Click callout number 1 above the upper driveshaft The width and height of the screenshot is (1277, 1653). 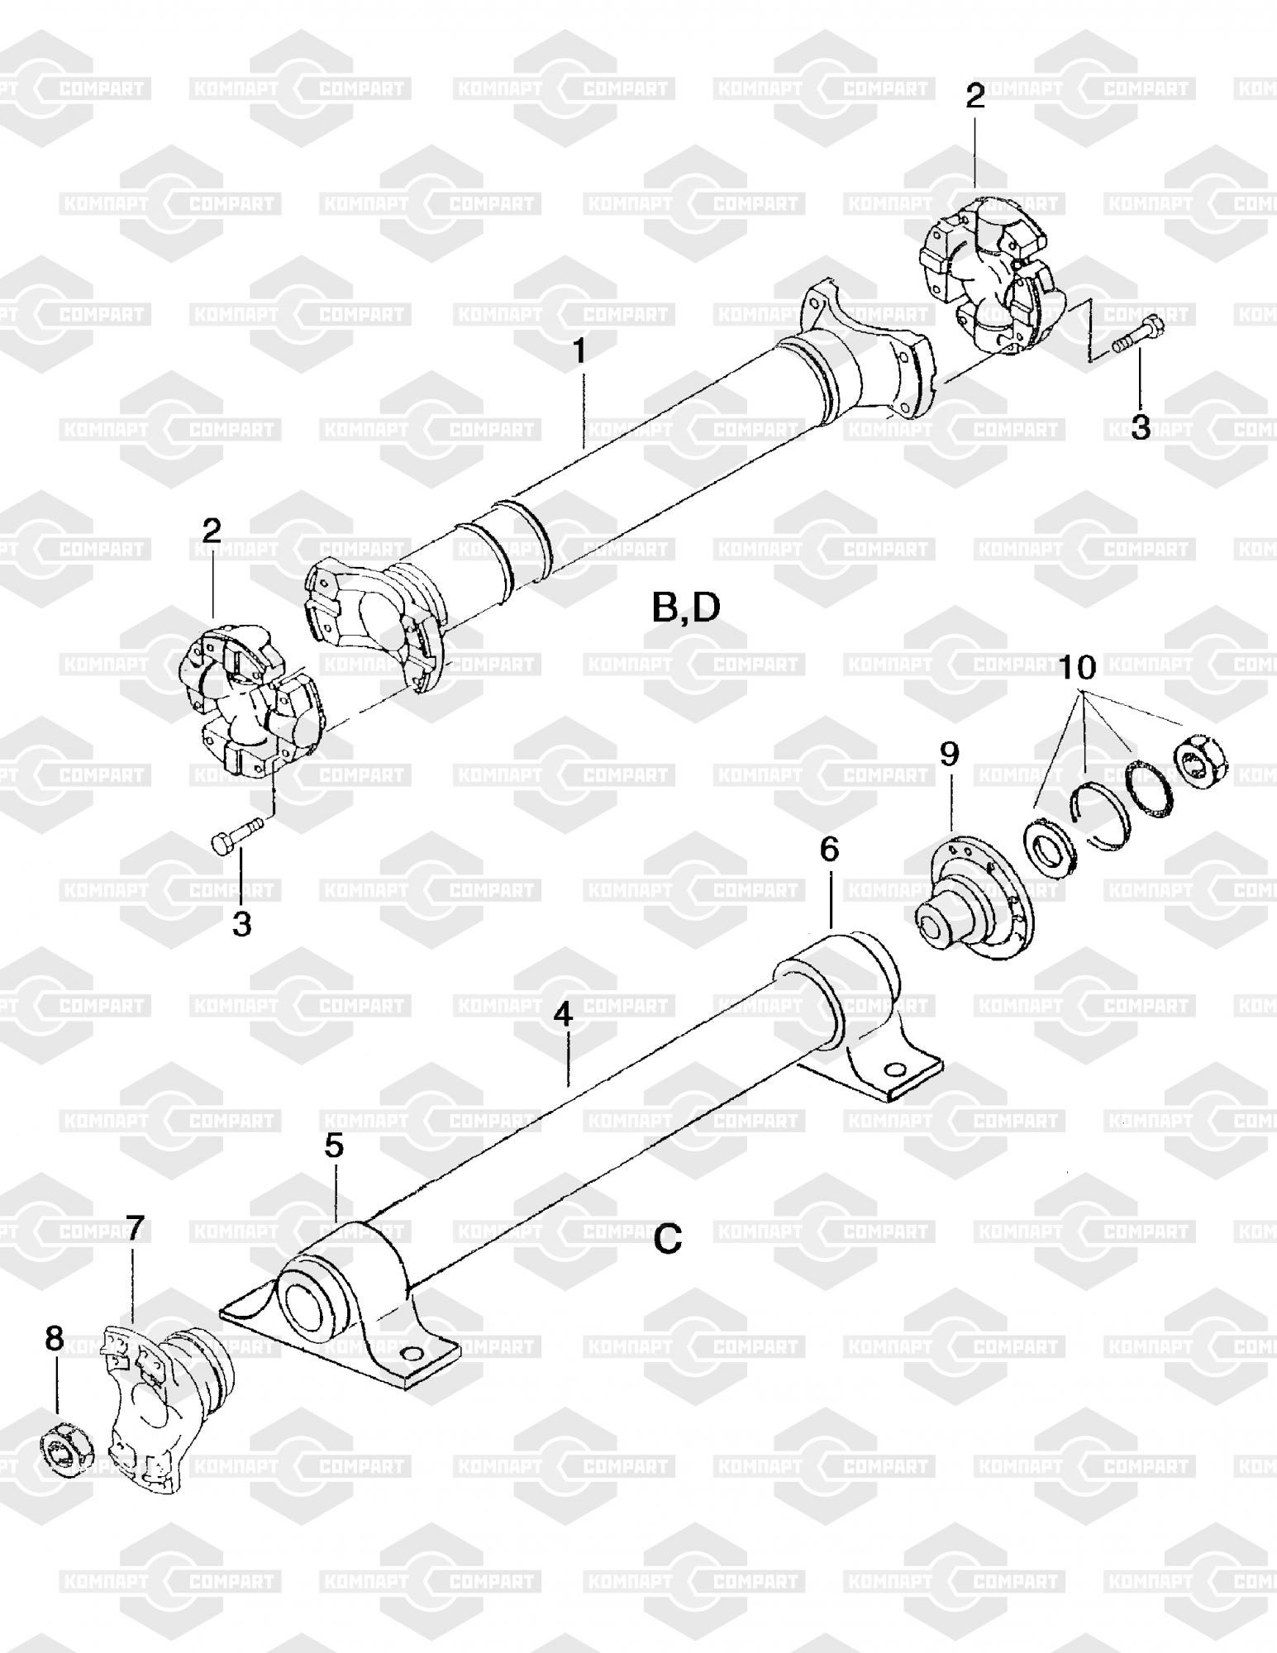pos(580,350)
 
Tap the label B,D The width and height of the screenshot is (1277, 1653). pos(685,608)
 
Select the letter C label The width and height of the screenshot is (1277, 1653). pos(668,1238)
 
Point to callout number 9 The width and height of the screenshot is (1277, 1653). pos(950,754)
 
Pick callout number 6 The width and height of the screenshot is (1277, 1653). pos(829,849)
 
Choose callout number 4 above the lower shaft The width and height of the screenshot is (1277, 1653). pos(564,1015)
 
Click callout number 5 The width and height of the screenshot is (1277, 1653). pos(334,1146)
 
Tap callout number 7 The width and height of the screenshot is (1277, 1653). pos(134,1226)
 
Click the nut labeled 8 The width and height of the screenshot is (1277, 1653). pos(67,1447)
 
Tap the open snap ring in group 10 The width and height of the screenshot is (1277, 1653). pos(1096,814)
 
